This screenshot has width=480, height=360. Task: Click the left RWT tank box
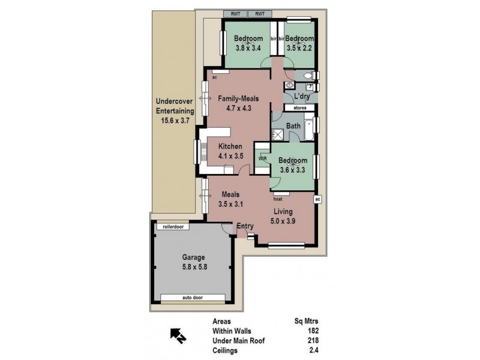pyautogui.click(x=235, y=13)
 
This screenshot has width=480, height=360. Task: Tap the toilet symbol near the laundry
pyautogui.click(x=308, y=76)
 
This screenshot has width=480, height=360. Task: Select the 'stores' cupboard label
pyautogui.click(x=300, y=108)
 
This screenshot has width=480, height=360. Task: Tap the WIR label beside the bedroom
pyautogui.click(x=262, y=158)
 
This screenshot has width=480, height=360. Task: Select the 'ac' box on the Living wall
pyautogui.click(x=318, y=199)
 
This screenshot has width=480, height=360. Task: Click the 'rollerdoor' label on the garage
pyautogui.click(x=173, y=227)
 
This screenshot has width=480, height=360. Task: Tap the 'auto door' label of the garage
pyautogui.click(x=193, y=297)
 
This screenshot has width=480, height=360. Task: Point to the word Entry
pyautogui.click(x=245, y=226)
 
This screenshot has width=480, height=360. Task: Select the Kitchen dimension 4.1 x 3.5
pyautogui.click(x=230, y=156)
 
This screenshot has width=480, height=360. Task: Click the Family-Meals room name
pyautogui.click(x=238, y=98)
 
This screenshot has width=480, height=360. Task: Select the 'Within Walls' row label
pyautogui.click(x=231, y=331)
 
